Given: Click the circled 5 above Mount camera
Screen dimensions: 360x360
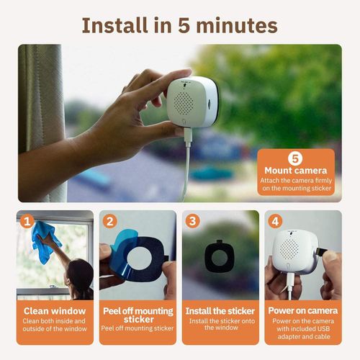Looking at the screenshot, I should pyautogui.click(x=294, y=158).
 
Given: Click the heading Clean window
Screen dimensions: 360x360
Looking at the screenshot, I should pyautogui.click(x=55, y=311).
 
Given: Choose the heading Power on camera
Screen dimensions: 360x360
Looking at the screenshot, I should pyautogui.click(x=303, y=311).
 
